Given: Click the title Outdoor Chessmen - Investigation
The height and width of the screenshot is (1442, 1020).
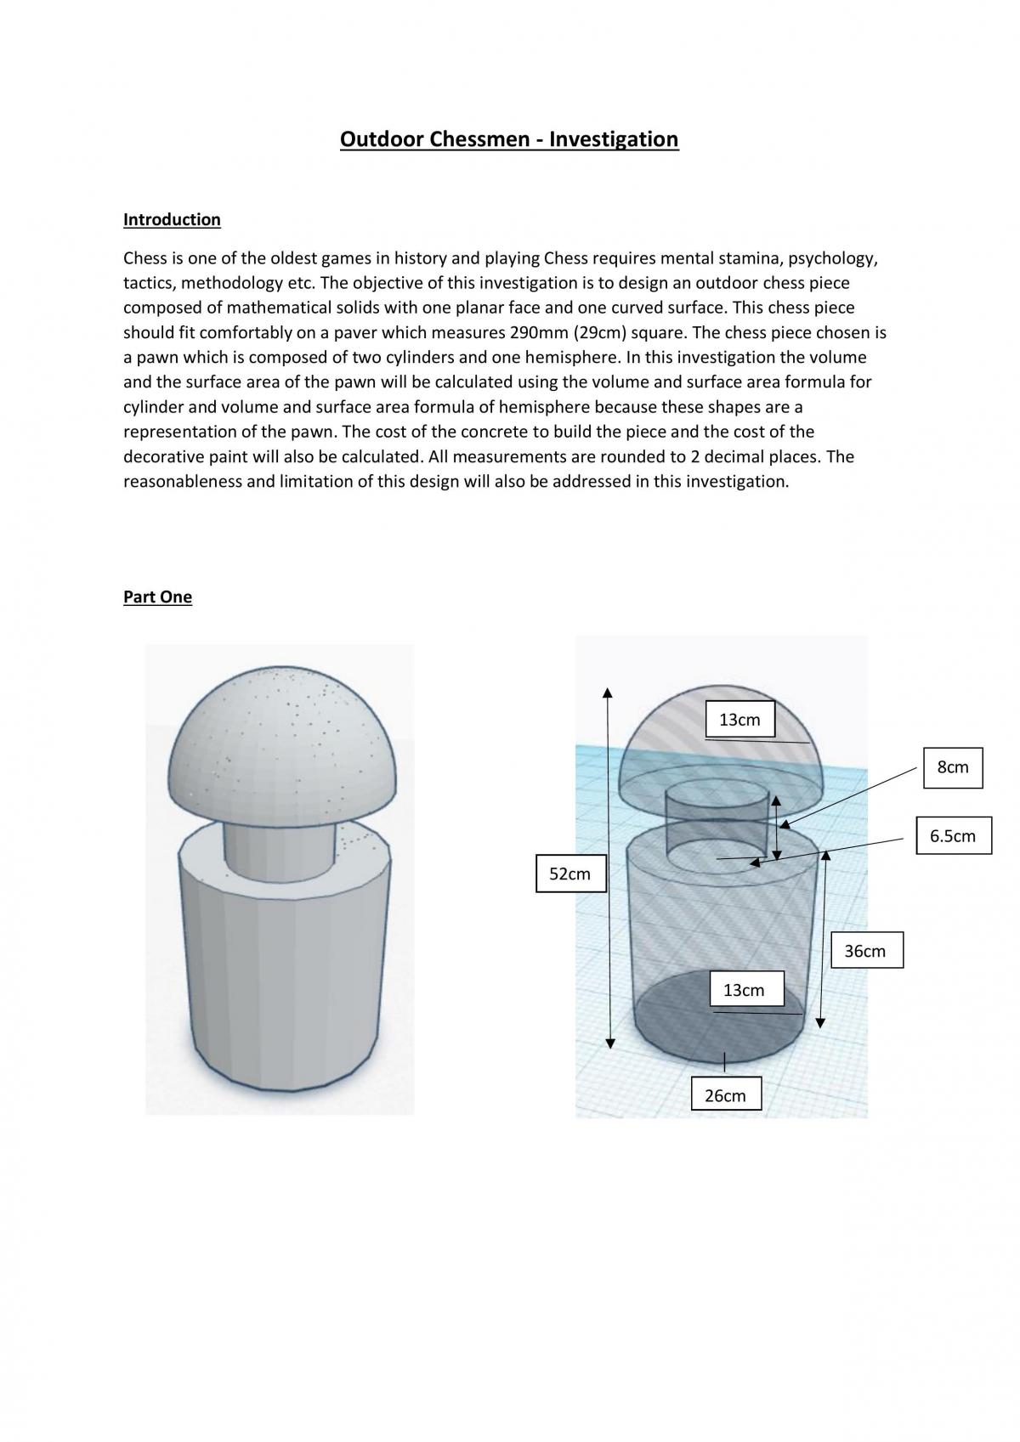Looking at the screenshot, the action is point(509,139).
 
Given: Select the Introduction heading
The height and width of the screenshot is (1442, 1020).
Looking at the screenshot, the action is point(172,219).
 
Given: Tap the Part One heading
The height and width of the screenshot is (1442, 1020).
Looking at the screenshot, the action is point(158,597).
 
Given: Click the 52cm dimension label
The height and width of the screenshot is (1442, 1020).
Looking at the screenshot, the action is point(570,874).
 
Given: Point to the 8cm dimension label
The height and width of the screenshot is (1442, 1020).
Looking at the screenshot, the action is point(953,767).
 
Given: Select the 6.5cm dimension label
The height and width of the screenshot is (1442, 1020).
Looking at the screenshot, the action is point(954,835).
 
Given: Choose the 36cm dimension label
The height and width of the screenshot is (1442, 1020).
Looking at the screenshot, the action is point(865,950).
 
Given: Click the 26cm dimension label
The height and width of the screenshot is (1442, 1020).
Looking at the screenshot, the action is point(726,1095).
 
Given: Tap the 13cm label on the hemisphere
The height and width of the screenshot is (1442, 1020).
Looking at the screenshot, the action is point(739,719).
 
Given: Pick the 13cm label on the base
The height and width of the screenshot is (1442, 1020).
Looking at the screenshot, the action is point(745,990).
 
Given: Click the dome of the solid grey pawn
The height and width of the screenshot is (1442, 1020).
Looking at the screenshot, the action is point(281,747).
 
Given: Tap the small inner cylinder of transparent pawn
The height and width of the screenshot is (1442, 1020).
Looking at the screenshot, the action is point(716,826).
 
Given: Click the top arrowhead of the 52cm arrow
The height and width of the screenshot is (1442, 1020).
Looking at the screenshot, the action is point(607,692).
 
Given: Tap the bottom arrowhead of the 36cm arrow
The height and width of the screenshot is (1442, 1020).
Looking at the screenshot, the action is point(820,1023).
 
